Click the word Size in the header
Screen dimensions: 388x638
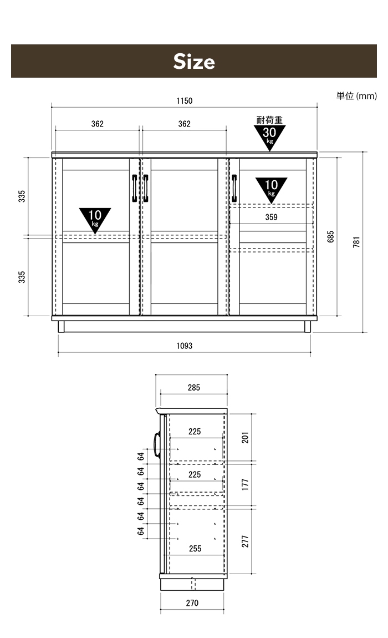(194, 62)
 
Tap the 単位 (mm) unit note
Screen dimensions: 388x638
(356, 96)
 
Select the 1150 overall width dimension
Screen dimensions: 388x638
(184, 101)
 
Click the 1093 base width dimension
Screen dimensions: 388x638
(184, 346)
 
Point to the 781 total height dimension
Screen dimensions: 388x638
(357, 242)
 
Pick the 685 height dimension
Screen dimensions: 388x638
(331, 237)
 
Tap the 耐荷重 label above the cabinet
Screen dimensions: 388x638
(269, 120)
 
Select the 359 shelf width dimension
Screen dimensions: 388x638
(271, 217)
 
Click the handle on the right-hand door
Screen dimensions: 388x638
(234, 188)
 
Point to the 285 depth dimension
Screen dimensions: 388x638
(194, 388)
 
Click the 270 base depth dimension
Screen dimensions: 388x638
(192, 603)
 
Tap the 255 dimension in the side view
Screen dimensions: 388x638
(195, 549)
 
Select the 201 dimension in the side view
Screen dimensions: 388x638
(245, 437)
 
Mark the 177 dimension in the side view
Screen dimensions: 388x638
(245, 484)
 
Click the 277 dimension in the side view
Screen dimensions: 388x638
(245, 541)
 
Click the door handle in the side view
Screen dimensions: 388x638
(157, 445)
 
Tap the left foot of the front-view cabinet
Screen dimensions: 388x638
(61, 327)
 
